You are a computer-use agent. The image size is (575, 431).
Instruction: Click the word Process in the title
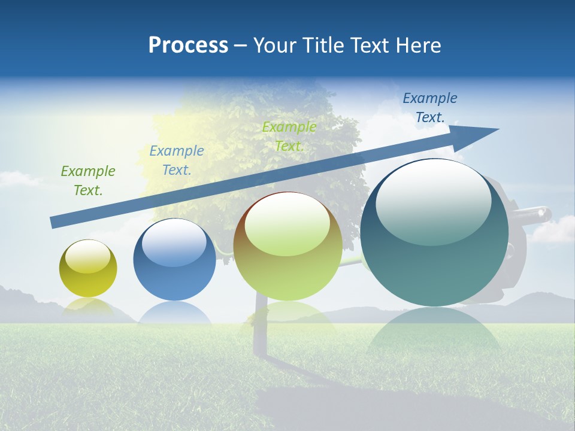pos(188,45)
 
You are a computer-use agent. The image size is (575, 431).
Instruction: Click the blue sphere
pos(174,260)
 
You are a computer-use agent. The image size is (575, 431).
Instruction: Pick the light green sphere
pos(287,247)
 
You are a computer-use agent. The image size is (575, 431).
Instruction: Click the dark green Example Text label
pos(87,181)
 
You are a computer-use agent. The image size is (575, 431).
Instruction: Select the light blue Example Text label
pos(176,160)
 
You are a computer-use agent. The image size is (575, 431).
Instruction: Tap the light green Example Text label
pos(289,136)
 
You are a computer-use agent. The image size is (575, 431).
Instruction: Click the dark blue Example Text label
pos(429,108)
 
